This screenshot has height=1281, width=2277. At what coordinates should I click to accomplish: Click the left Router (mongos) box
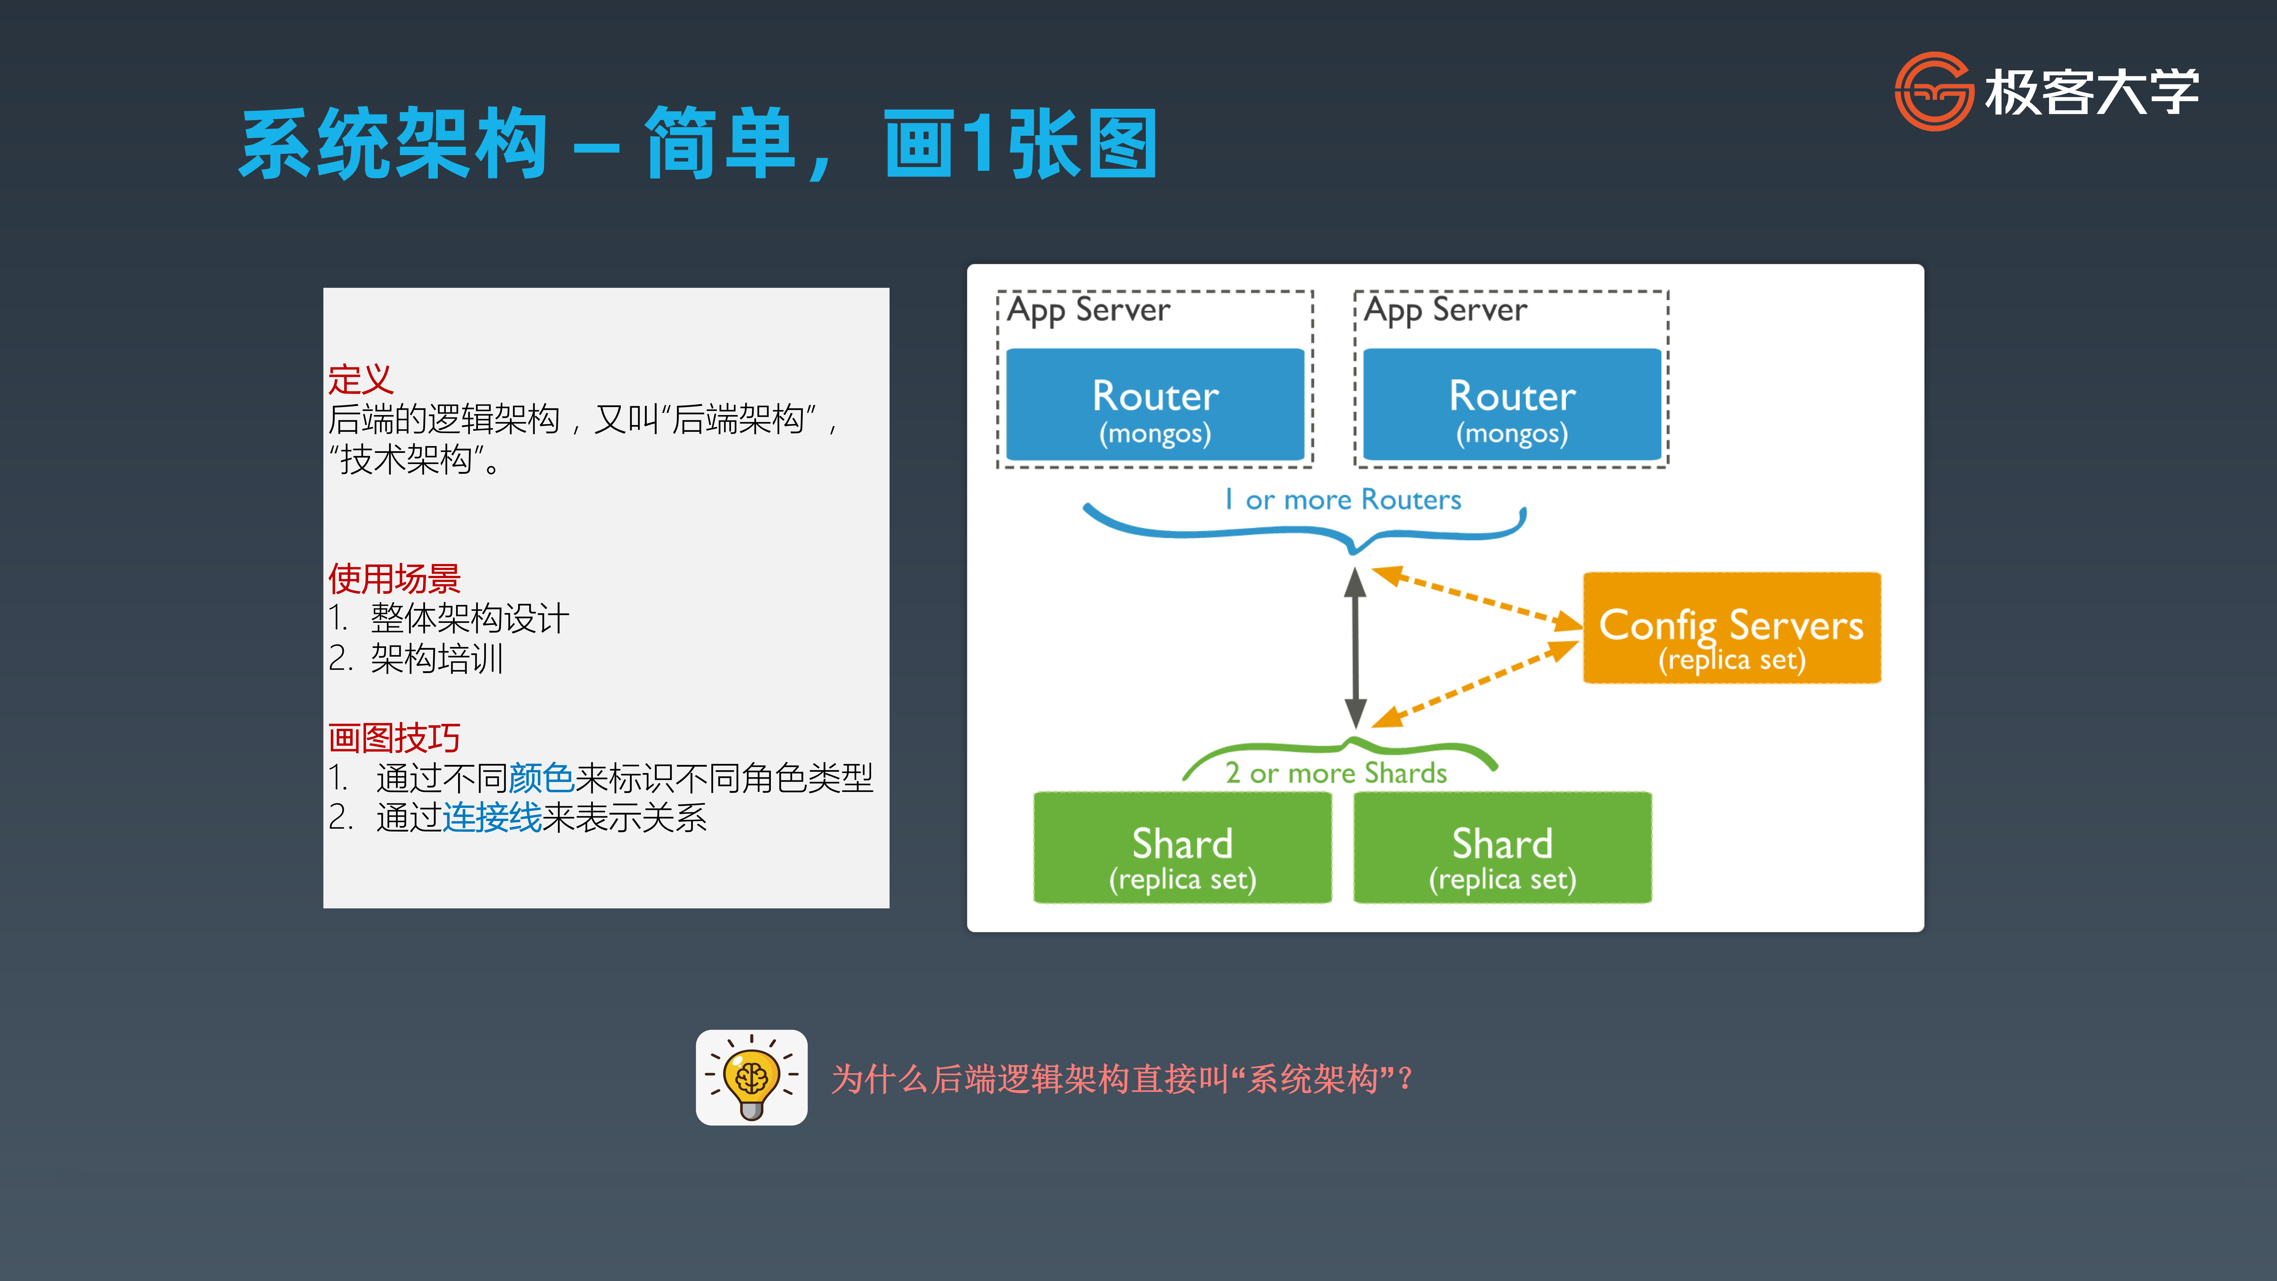coord(1155,404)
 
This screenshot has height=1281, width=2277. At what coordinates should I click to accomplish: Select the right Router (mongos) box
coord(1512,404)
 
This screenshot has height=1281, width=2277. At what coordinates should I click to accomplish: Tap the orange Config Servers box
coord(1732,628)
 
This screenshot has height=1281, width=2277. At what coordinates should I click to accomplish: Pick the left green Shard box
coord(1183,847)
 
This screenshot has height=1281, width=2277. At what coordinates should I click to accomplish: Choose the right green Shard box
coord(1503,847)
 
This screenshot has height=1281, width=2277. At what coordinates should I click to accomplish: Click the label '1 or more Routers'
coord(1343,500)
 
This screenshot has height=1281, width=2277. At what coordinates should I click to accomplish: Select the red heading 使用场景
coord(394,579)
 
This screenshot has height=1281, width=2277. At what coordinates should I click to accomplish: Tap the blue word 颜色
coord(541,778)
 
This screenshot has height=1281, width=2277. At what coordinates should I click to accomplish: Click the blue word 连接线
coord(491,818)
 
